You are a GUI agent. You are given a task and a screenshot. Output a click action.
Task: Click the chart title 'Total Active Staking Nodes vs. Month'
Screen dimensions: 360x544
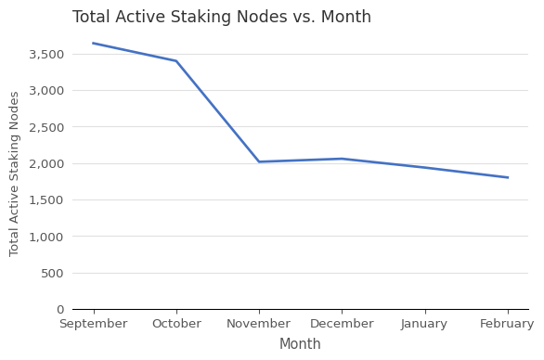(x=222, y=18)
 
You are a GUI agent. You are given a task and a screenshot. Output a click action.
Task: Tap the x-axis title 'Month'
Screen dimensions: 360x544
(x=300, y=344)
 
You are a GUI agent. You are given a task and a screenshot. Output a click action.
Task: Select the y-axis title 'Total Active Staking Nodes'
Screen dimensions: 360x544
(x=15, y=174)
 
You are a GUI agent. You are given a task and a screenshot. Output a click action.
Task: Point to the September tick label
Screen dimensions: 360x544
(x=93, y=324)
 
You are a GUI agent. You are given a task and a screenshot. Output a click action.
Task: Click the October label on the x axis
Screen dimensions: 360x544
(x=176, y=324)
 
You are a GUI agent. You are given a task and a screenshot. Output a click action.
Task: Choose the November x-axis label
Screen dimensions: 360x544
(x=259, y=324)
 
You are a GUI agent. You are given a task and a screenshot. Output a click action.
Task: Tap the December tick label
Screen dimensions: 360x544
(x=342, y=324)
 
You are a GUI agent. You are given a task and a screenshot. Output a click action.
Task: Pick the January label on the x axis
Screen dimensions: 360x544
(x=424, y=324)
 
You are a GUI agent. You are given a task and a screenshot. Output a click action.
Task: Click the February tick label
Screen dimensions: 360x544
(x=507, y=324)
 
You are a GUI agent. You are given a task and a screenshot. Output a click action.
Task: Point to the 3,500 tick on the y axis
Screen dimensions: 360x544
(x=46, y=55)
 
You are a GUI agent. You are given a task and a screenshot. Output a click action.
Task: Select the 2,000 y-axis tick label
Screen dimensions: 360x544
(x=46, y=164)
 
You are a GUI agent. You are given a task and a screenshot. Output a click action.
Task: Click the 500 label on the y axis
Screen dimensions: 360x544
(x=53, y=274)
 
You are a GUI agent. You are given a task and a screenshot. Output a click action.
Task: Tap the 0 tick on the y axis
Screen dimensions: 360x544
(x=60, y=310)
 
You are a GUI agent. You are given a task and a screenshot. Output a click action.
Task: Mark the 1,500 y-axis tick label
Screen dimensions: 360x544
(x=46, y=200)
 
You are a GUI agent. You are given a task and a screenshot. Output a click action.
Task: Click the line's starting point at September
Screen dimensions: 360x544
(x=93, y=44)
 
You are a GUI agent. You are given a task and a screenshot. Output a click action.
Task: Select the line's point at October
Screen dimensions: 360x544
(x=176, y=61)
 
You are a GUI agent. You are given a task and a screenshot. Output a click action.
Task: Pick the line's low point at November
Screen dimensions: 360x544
(x=259, y=162)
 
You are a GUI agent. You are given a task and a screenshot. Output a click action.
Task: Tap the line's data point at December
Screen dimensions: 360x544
(x=342, y=159)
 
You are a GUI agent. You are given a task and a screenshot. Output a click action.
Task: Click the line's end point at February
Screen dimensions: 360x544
(x=507, y=177)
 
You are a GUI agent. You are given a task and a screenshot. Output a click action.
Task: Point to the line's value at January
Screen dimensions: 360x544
(x=424, y=168)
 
